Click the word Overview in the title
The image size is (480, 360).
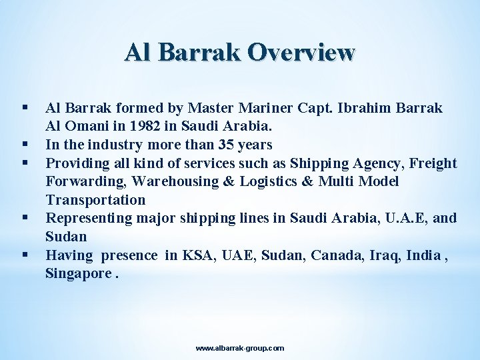[301, 53]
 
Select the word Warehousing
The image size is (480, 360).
[179, 181]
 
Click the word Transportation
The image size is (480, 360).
[95, 200]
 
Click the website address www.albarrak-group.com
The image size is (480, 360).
[240, 348]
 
